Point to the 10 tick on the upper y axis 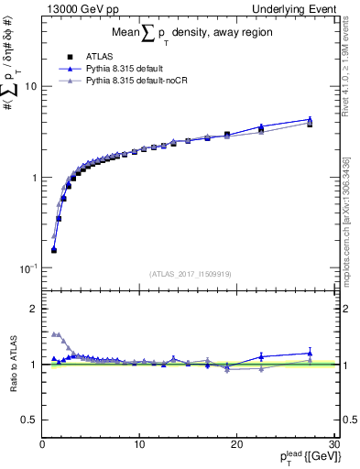coord(30,86)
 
